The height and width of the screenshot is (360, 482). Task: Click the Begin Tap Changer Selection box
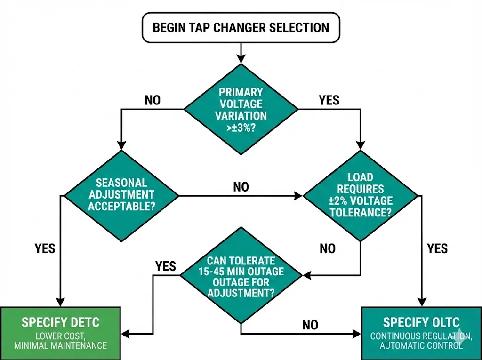click(241, 27)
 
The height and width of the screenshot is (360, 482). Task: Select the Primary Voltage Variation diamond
click(241, 109)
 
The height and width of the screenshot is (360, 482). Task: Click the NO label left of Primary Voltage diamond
click(153, 100)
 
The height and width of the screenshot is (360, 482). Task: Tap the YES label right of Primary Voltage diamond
click(329, 100)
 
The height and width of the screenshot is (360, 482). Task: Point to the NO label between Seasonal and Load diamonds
click(241, 187)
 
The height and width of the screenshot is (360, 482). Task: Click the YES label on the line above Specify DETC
click(45, 248)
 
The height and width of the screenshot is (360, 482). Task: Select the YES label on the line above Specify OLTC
click(437, 248)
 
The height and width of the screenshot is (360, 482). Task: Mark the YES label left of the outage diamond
click(166, 266)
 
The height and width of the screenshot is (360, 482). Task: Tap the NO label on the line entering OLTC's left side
click(310, 325)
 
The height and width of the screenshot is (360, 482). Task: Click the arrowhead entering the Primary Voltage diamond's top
click(241, 59)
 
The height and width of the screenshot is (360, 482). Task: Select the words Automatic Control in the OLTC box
click(421, 345)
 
